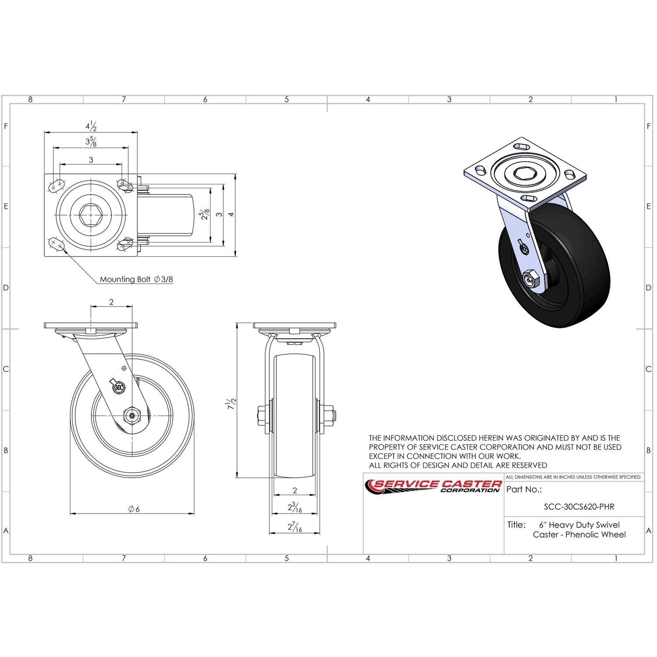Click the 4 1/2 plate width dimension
(x=91, y=127)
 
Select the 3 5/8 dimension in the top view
(x=91, y=141)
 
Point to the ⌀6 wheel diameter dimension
(x=134, y=509)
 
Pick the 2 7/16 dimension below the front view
(x=294, y=527)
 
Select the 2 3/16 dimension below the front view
(x=294, y=508)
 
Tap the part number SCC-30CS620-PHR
(x=579, y=507)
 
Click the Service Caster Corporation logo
(x=434, y=485)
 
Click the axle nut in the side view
(x=132, y=415)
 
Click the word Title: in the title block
(x=516, y=525)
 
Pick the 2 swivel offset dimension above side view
(x=111, y=302)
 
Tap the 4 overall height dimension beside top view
(x=231, y=214)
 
